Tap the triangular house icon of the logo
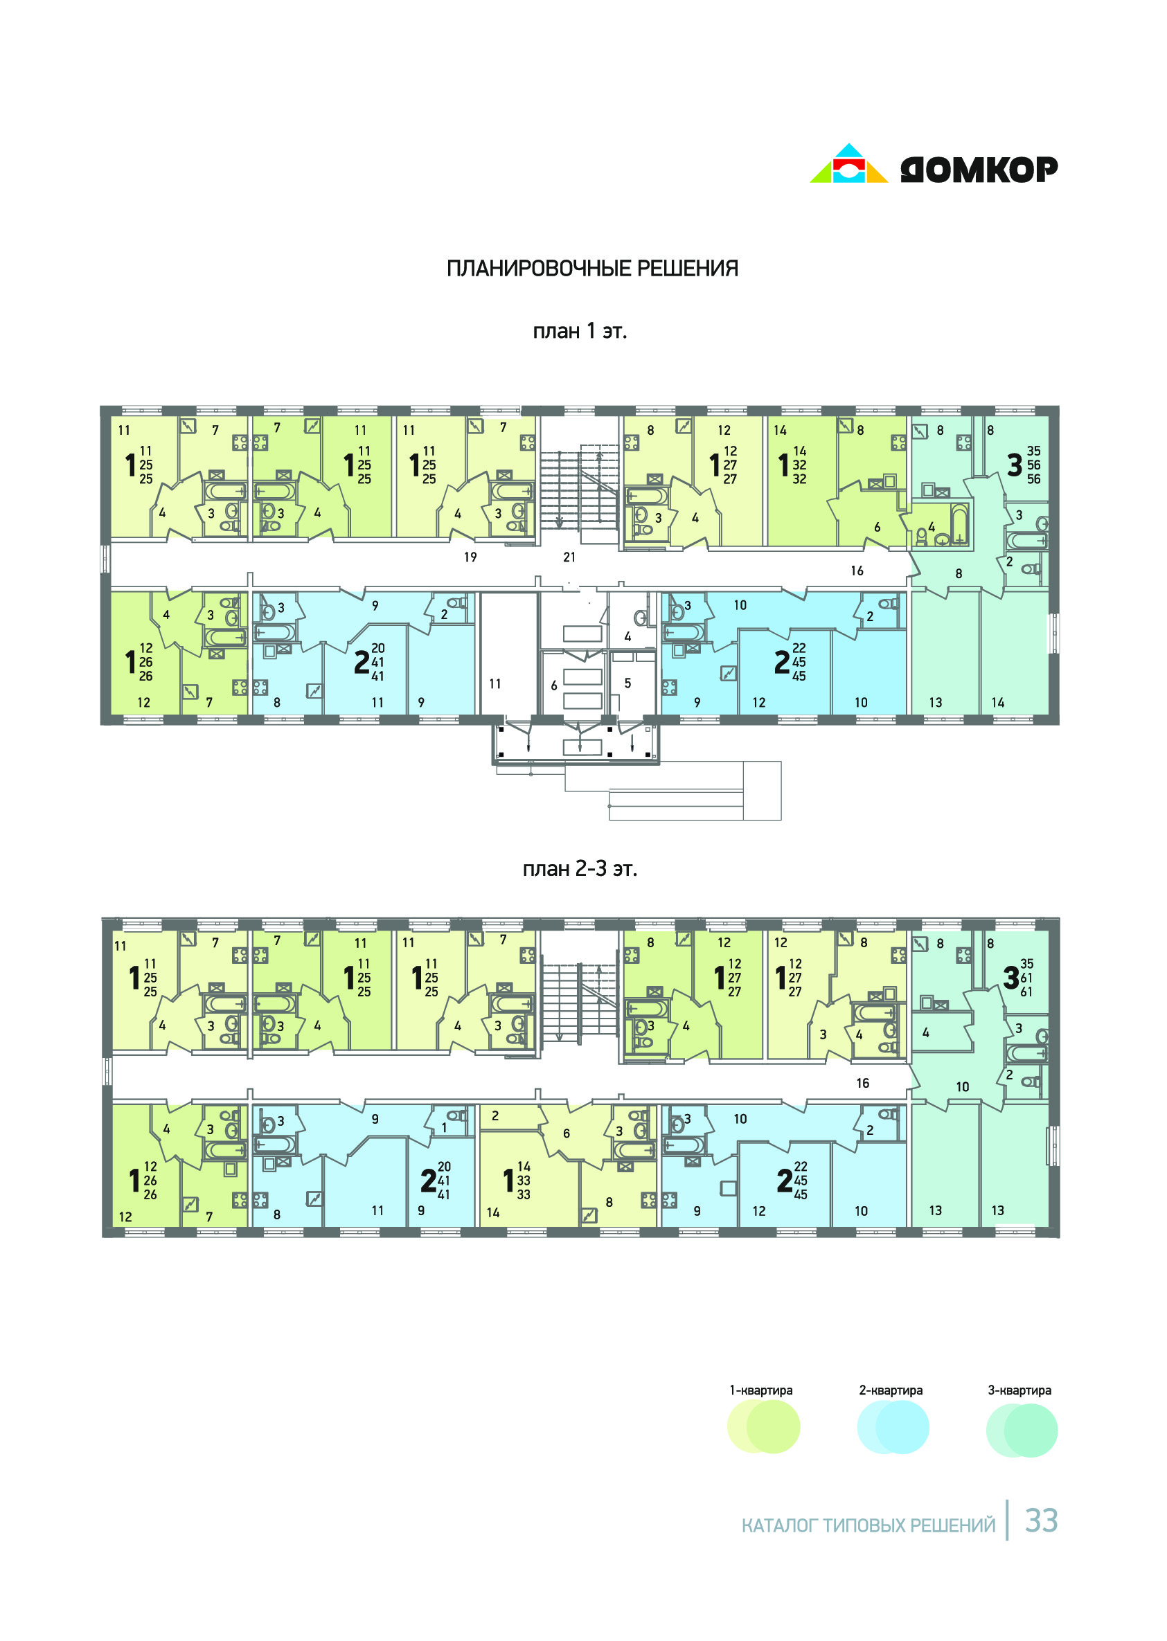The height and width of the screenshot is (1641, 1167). [848, 163]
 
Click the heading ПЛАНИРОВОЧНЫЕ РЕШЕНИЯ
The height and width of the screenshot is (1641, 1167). [592, 268]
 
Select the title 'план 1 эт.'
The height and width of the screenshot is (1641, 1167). [580, 331]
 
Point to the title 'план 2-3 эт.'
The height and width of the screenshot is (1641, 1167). [580, 869]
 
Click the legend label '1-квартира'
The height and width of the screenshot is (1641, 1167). [761, 1390]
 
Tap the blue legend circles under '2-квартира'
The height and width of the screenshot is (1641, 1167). [893, 1427]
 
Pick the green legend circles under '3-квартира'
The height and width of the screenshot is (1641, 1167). [1022, 1431]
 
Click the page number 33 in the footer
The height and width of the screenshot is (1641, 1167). [1041, 1521]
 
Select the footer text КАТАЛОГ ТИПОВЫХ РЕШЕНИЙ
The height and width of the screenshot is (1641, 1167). [868, 1525]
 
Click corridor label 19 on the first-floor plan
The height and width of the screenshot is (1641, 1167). [470, 557]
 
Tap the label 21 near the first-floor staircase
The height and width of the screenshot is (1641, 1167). [569, 557]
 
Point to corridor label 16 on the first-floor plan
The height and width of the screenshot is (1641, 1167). [857, 571]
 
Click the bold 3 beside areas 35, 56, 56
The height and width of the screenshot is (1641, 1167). [1014, 465]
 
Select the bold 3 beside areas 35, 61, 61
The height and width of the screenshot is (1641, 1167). [1011, 977]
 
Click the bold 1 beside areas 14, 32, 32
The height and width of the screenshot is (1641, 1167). [783, 465]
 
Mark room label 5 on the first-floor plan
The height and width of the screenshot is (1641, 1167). [627, 683]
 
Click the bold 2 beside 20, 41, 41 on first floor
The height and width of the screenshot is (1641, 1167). [362, 663]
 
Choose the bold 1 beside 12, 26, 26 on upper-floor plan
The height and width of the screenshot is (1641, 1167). [134, 1181]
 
